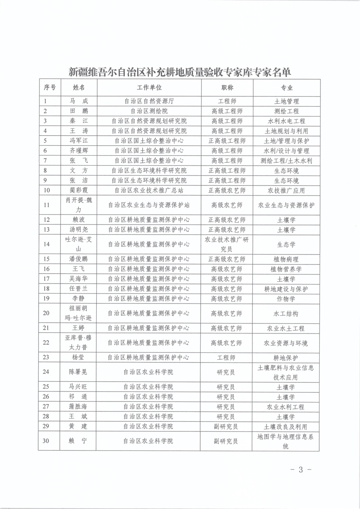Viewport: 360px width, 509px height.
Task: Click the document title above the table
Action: (180, 72)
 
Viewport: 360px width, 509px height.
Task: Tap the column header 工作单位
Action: (149, 88)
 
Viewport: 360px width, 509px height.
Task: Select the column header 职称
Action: (227, 88)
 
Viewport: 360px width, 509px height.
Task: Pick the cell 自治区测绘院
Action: (149, 111)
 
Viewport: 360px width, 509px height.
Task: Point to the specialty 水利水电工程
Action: (286, 121)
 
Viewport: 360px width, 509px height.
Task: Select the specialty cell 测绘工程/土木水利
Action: (286, 161)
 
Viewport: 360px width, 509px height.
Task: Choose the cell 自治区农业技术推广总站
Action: (149, 190)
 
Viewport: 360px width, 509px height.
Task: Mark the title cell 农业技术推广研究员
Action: (227, 244)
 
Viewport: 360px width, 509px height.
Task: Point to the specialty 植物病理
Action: (286, 259)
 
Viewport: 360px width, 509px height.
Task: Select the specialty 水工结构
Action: (286, 313)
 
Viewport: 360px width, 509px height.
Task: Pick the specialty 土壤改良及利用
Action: (286, 426)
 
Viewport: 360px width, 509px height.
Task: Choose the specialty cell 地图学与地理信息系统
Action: (286, 441)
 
